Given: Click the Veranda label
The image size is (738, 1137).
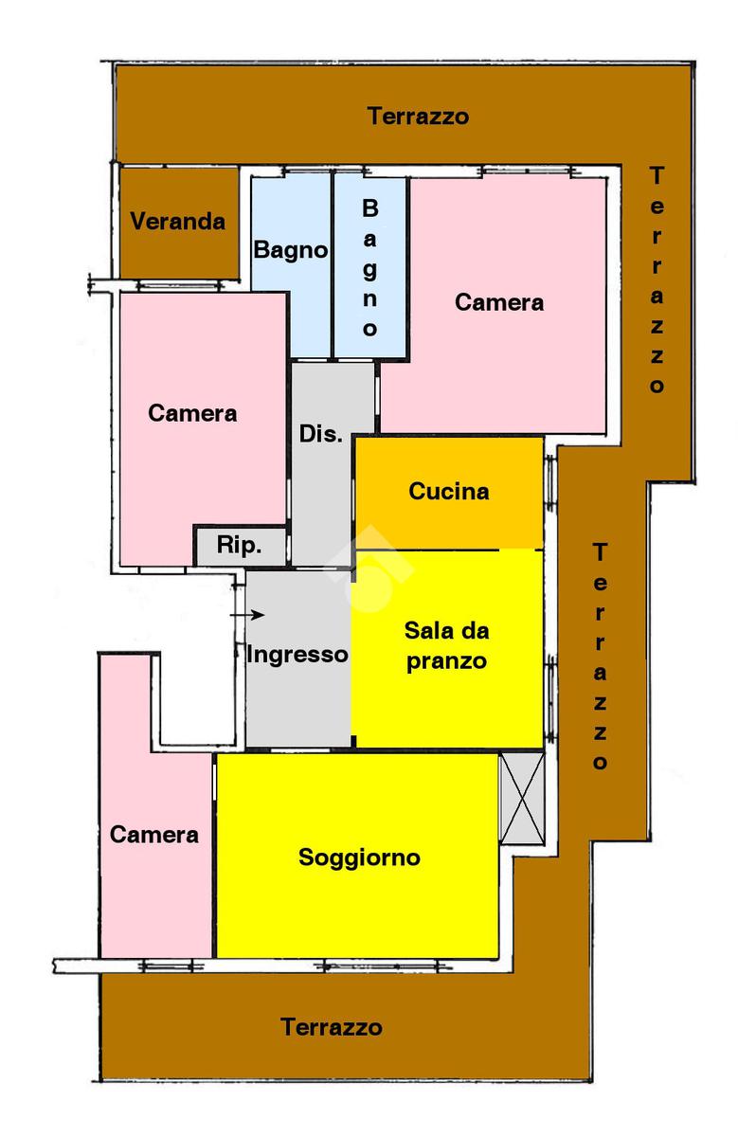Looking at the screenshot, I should tap(178, 222).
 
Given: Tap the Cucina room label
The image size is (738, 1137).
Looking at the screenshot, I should tap(449, 492).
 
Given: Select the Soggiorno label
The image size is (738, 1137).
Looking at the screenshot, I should tap(359, 858).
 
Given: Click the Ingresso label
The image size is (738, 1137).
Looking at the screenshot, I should tap(297, 654).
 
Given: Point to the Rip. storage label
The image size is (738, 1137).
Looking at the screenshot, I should tap(239, 545).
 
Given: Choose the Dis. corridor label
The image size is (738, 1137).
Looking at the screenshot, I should tap(320, 435).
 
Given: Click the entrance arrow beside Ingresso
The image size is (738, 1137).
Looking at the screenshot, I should tap(248, 615).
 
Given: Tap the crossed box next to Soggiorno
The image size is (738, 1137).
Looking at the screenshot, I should tap(522, 798).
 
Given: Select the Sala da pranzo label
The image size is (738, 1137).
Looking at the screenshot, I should tap(447, 645).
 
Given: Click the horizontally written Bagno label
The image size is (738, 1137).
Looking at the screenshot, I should tap(291, 250).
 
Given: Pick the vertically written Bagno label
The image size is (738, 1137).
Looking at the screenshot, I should tap(370, 268).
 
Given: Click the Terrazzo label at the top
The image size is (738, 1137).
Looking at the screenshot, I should tap(419, 117).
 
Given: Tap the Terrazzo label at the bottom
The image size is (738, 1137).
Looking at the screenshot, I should tap(332, 1027).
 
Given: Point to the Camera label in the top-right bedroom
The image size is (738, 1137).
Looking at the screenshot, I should tap(499, 302).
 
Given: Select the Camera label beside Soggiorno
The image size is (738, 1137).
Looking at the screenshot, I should tap(154, 835).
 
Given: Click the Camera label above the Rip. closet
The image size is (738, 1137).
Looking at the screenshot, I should tap(192, 413).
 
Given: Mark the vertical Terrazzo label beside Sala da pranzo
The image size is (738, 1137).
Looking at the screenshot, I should tap(600, 657).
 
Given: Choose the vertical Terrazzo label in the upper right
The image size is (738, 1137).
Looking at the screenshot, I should tap(657, 280).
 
